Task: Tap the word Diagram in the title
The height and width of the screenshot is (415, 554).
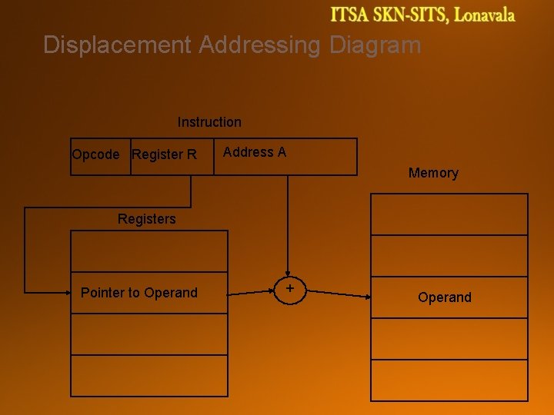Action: click(375, 45)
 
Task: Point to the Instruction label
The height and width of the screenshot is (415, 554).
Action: click(209, 122)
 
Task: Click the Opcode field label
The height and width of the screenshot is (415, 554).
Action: click(95, 154)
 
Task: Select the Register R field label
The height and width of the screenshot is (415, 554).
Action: click(164, 154)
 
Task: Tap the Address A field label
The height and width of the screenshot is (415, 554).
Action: click(255, 152)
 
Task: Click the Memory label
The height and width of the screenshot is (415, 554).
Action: click(433, 173)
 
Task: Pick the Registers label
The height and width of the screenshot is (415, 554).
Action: click(146, 219)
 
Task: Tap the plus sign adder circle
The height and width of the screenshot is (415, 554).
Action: click(290, 289)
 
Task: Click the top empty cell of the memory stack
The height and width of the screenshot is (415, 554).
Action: click(449, 214)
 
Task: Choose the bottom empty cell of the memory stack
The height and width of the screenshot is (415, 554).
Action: click(449, 380)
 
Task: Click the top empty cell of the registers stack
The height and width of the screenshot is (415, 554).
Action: click(149, 251)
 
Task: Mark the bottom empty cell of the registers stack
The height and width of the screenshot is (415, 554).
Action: click(149, 376)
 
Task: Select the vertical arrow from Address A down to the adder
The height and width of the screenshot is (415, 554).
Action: click(289, 223)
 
